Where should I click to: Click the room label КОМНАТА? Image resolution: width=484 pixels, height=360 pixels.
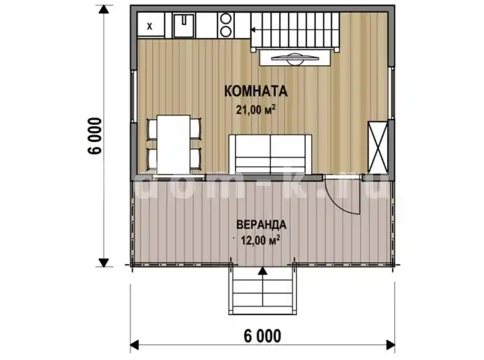pyautogui.click(x=256, y=91)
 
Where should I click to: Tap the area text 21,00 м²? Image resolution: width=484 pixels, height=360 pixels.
pyautogui.click(x=256, y=109)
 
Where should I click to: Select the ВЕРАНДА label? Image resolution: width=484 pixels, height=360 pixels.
pyautogui.click(x=261, y=225)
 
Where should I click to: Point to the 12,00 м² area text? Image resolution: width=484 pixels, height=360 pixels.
pyautogui.click(x=260, y=240)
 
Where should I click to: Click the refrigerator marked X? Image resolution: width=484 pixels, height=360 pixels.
pyautogui.click(x=151, y=25)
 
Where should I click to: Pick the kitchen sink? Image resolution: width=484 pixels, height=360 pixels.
pyautogui.click(x=184, y=25)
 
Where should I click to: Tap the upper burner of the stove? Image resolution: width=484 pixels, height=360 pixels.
pyautogui.click(x=226, y=19)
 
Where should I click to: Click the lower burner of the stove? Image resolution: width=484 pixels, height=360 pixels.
pyautogui.click(x=226, y=31)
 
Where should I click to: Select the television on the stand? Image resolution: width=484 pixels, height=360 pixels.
pyautogui.click(x=295, y=58)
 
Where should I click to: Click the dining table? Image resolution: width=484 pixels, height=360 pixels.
pyautogui.click(x=173, y=144)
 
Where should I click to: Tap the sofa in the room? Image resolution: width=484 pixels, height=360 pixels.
pyautogui.click(x=270, y=154)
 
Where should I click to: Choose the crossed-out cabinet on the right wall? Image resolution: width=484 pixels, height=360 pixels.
pyautogui.click(x=378, y=147)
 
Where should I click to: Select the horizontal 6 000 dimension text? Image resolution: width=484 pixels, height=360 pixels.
pyautogui.click(x=262, y=336)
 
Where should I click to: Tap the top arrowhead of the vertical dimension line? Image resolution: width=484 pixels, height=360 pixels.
pyautogui.click(x=104, y=10)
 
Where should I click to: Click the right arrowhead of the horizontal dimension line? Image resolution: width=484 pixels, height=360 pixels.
pyautogui.click(x=391, y=345)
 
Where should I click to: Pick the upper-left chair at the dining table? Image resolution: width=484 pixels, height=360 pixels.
pyautogui.click(x=152, y=128)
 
